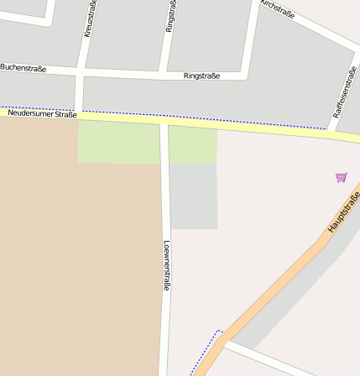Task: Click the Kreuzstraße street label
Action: coord(88,18)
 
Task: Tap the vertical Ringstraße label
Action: coord(170,16)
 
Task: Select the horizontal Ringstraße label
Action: coord(201,76)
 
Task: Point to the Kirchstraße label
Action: coord(277,9)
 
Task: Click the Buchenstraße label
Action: coord(23,67)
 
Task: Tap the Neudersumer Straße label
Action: coord(42,113)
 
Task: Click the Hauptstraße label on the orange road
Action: coord(343,212)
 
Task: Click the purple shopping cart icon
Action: coord(341,177)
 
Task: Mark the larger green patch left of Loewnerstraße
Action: coord(118,142)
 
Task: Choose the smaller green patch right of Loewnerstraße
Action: coord(193,145)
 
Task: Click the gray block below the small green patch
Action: coord(194,196)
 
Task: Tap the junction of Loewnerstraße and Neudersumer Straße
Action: coord(164,123)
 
